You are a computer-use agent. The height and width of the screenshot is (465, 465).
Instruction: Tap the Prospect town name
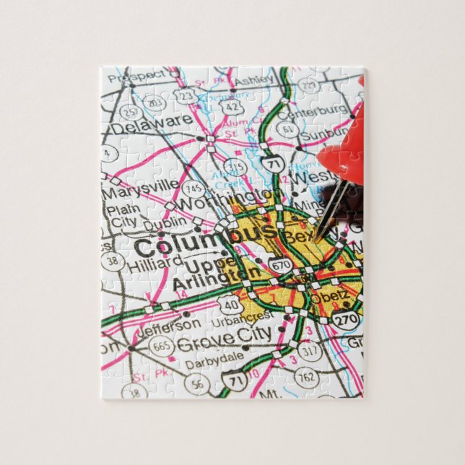[144, 74]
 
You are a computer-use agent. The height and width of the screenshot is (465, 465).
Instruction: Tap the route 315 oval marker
[235, 168]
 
